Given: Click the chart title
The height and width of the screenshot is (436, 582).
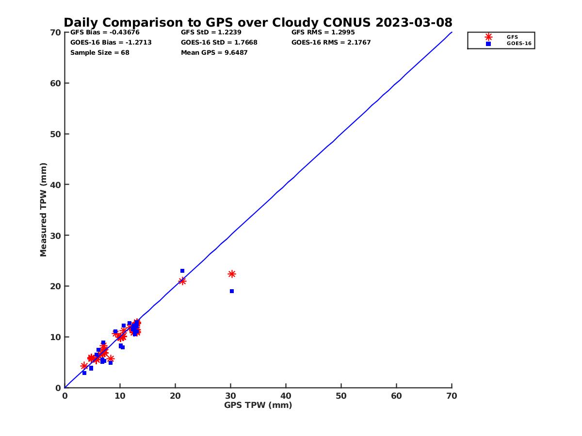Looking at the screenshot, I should (x=258, y=22).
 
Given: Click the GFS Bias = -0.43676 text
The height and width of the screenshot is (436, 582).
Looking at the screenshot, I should (x=105, y=32).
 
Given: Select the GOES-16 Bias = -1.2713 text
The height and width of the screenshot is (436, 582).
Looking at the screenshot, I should (x=111, y=42).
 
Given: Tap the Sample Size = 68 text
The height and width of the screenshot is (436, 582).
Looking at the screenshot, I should (x=99, y=52).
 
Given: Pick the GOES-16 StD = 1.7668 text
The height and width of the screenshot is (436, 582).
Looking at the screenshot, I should (x=219, y=42).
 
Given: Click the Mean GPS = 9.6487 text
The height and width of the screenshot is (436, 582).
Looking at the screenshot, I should (x=214, y=52).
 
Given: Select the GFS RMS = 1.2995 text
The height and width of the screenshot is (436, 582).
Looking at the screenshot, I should (x=323, y=32).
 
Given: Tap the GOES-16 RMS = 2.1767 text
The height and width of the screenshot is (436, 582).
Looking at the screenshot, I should (x=331, y=42).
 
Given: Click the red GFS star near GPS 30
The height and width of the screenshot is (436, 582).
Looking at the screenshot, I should (x=232, y=274).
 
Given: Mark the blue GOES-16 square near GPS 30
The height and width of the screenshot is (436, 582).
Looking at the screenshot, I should (x=232, y=291).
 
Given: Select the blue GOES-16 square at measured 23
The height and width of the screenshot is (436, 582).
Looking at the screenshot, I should (x=182, y=271).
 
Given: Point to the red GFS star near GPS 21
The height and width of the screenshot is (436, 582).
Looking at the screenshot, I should (x=182, y=281).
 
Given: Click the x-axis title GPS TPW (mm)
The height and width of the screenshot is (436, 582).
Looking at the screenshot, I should (x=258, y=405).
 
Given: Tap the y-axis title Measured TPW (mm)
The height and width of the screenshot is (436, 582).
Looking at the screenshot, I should (x=44, y=210).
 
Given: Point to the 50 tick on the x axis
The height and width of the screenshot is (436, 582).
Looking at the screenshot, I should (x=341, y=396).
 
